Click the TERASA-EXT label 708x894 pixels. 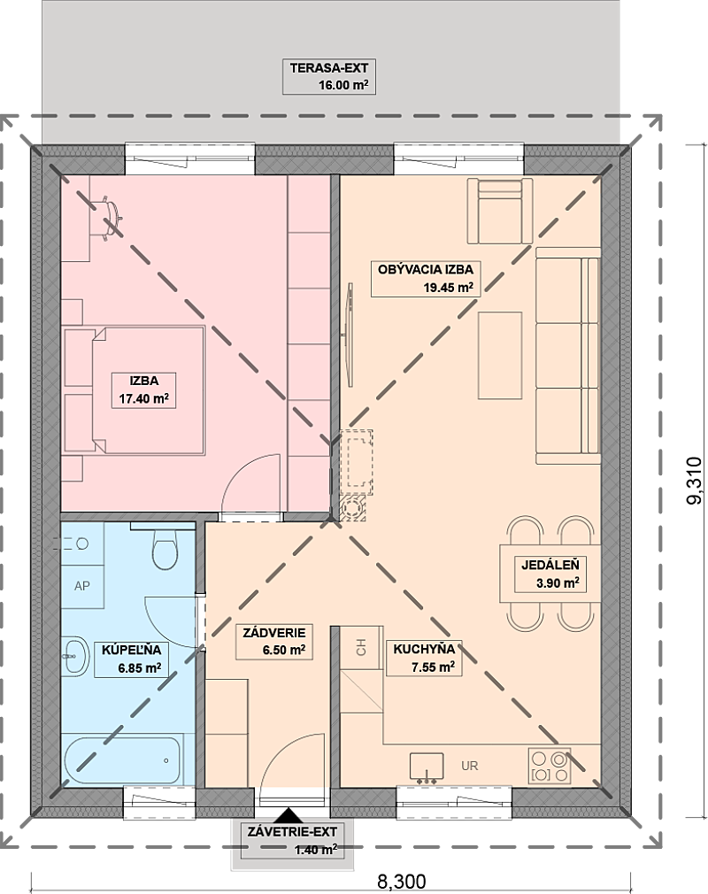click(329, 68)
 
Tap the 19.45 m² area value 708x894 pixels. click(448, 288)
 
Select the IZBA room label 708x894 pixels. click(143, 381)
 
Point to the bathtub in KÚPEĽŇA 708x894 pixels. click(122, 760)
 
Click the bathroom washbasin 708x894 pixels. click(75, 656)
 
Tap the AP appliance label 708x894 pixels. click(82, 586)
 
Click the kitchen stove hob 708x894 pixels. click(550, 766)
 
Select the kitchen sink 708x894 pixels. click(427, 766)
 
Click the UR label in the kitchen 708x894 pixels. click(470, 766)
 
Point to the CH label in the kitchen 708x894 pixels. click(361, 647)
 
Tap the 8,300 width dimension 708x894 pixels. click(401, 881)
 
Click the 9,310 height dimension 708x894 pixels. click(695, 480)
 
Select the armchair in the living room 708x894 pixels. click(500, 211)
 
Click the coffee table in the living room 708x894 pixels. click(500, 356)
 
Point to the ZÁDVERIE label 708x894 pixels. click(274, 632)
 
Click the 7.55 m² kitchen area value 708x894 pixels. click(433, 667)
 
